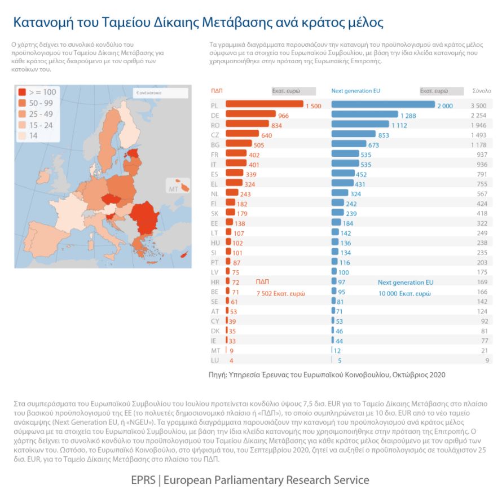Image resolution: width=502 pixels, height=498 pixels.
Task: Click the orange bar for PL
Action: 264,105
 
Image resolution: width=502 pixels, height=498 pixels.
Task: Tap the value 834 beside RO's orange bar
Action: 277,125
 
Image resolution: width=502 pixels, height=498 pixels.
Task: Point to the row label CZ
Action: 214,135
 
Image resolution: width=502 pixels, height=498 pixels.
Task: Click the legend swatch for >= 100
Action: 22,92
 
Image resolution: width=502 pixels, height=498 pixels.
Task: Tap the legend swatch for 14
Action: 22,136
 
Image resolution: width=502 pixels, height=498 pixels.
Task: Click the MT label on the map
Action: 173,188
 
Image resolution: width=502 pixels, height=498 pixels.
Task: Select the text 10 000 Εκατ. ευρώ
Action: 404,293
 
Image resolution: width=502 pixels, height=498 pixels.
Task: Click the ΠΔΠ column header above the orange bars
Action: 217,91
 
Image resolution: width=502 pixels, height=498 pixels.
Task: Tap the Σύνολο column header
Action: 481,91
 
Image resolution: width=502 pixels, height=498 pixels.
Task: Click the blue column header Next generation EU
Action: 355,91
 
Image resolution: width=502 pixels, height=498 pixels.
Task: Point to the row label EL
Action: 214,184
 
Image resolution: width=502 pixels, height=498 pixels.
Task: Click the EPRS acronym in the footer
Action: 143,481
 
